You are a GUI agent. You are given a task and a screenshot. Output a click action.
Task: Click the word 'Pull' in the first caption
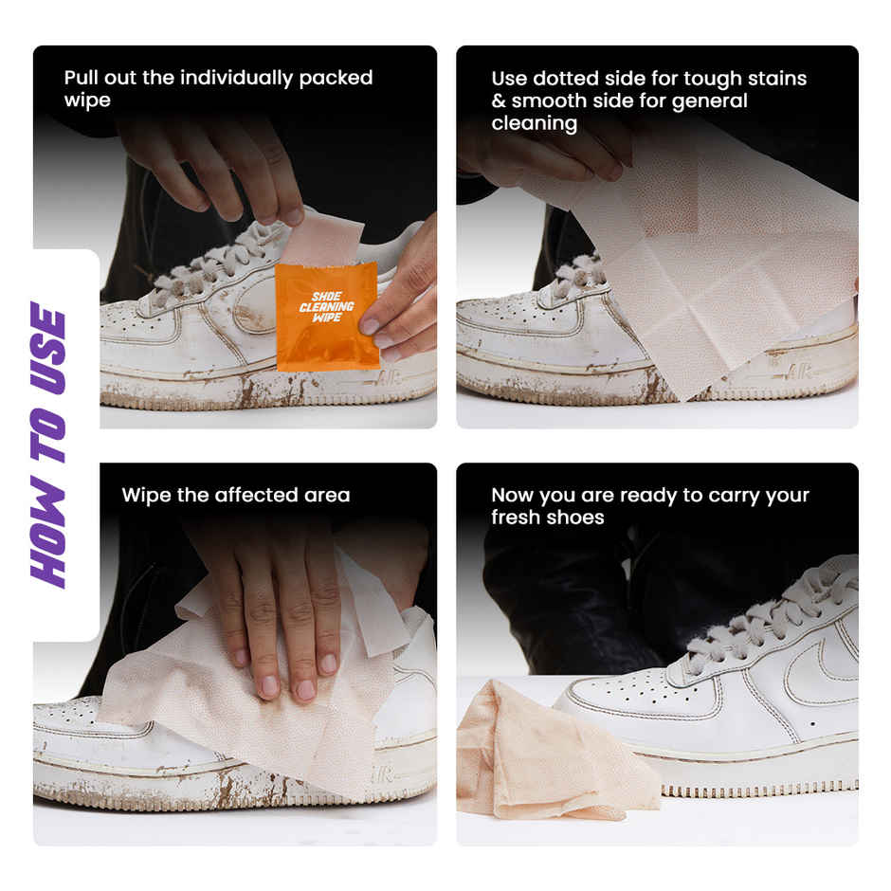point(82,78)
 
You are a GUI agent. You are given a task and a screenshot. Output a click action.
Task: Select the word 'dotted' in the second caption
point(569,79)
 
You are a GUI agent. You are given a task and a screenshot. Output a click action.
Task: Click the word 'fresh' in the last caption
point(518,518)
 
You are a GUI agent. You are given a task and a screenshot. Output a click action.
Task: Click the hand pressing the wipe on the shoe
point(275,607)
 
